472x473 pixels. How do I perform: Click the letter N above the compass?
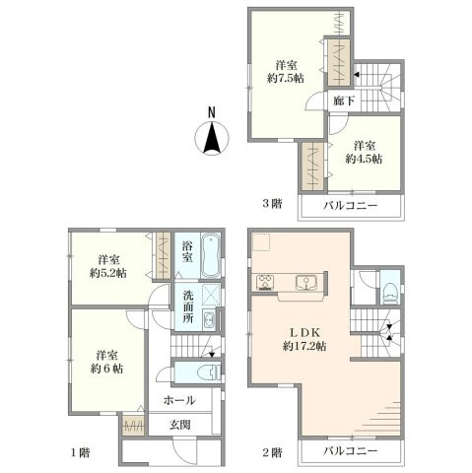coord(212,112)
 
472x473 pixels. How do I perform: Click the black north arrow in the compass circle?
coord(212,138)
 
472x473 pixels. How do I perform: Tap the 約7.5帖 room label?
coord(285,79)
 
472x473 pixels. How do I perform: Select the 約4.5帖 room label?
coord(364,159)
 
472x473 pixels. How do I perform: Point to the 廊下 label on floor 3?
coord(344,101)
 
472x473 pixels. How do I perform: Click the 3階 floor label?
coord(272,204)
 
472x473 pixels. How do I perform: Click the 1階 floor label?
coord(81,453)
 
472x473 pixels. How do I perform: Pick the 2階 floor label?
coord(272,453)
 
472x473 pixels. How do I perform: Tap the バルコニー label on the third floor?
coord(351,206)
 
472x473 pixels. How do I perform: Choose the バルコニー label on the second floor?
coord(351,451)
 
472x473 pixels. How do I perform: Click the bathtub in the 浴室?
coord(210,255)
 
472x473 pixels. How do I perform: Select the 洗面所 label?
coord(188,306)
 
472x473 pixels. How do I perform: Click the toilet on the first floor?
coord(210,372)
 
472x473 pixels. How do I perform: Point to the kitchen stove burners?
coord(265,282)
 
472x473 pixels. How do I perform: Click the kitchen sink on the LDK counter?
coord(305,283)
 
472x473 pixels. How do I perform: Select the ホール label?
coord(179,400)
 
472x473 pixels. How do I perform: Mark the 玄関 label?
coord(179,425)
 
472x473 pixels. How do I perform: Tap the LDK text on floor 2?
coord(304,333)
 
